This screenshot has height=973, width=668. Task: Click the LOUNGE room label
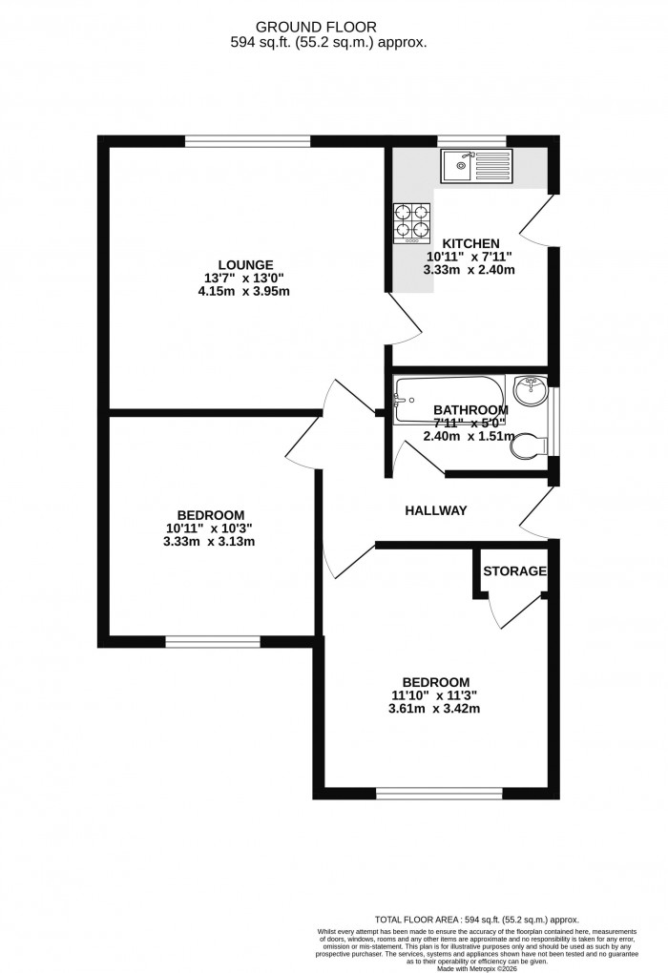pos(246,264)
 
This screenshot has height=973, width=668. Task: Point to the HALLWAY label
pos(436,510)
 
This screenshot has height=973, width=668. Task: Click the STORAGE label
pos(514,571)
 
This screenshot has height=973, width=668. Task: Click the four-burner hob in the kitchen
pos(410,220)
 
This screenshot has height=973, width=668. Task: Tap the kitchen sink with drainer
pos(476,166)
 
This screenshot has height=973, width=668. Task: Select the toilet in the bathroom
pos(528,445)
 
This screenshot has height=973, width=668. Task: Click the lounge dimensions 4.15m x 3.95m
pos(246,291)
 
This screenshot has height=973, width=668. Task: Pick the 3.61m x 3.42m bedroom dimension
pos(436,709)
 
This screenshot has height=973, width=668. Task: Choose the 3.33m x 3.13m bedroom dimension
pos(210,541)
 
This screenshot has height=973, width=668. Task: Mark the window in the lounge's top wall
pos(247,141)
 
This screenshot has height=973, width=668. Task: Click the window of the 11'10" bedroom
pos(439,793)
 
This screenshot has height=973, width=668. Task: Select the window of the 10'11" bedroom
pos(212,641)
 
